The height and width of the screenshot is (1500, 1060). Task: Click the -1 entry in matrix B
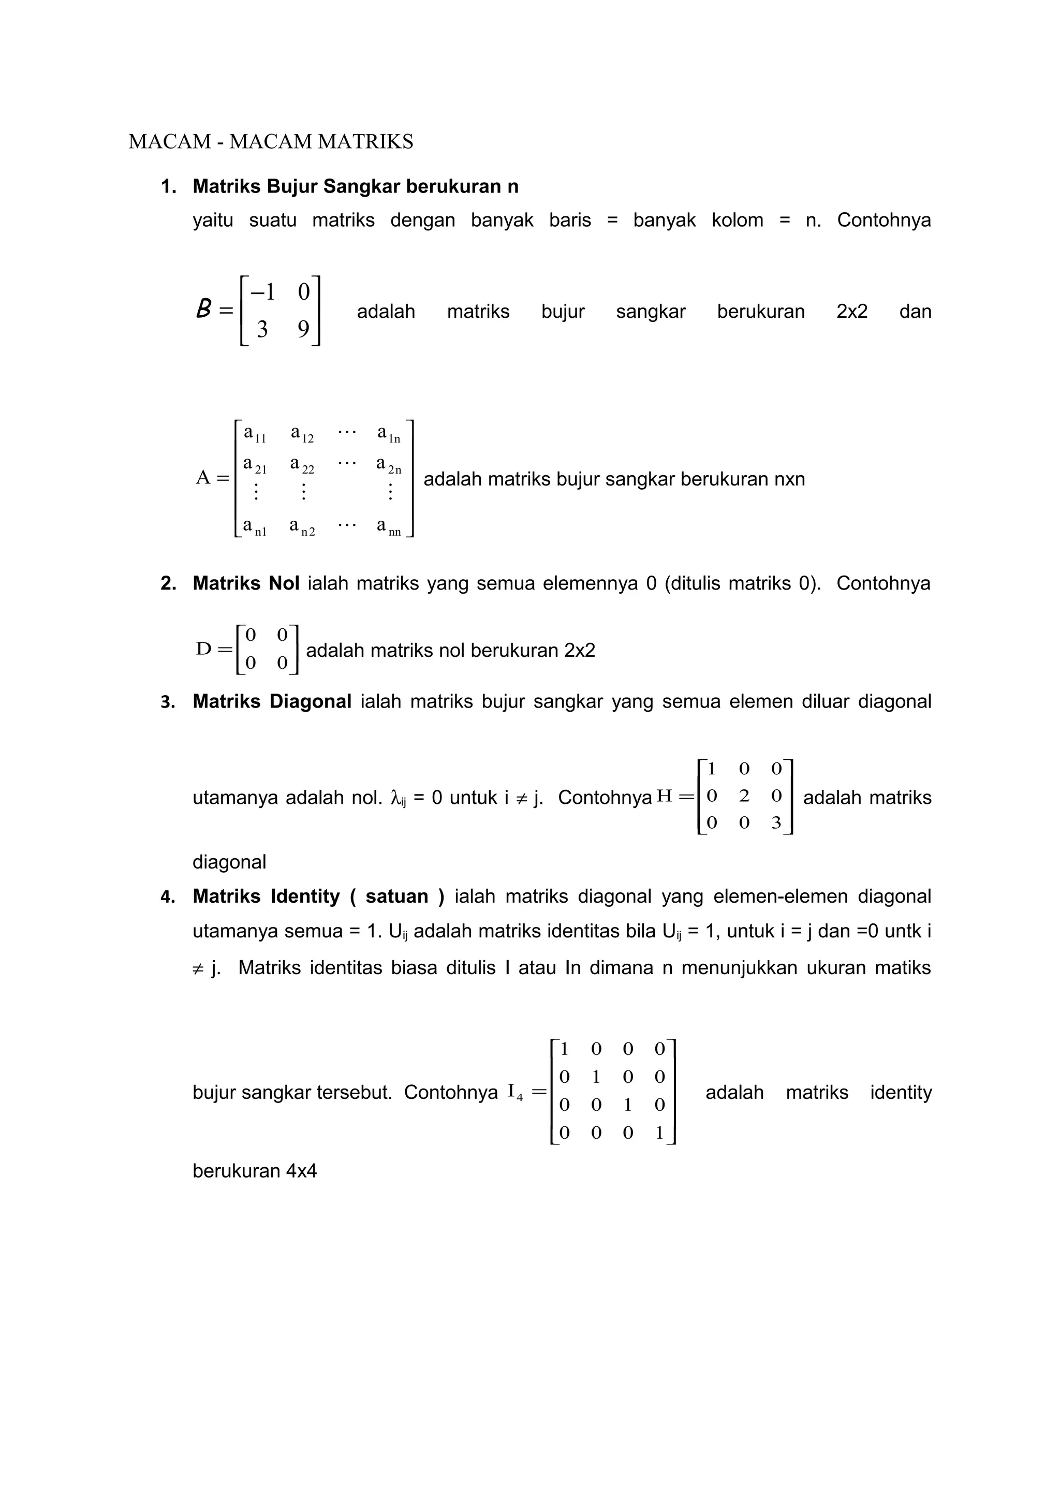point(262,292)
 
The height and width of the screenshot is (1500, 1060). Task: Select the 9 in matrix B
point(303,329)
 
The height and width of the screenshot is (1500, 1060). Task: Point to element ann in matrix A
point(389,526)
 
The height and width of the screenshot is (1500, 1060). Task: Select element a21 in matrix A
point(255,465)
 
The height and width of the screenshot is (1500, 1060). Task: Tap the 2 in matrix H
point(744,796)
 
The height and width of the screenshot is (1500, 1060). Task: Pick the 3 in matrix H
point(776,823)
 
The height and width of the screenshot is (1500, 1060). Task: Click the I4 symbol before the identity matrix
point(514,1092)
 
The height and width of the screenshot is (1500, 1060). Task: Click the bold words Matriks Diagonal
point(272,702)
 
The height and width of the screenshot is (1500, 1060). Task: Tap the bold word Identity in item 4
point(304,896)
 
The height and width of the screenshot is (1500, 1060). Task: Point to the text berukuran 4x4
point(254,1171)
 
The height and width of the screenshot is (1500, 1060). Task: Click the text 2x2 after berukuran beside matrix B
point(851,311)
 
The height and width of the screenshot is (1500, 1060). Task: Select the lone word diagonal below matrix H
point(229,862)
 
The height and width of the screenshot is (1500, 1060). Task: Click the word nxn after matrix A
point(789,479)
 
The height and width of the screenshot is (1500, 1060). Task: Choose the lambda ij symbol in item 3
point(397,798)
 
